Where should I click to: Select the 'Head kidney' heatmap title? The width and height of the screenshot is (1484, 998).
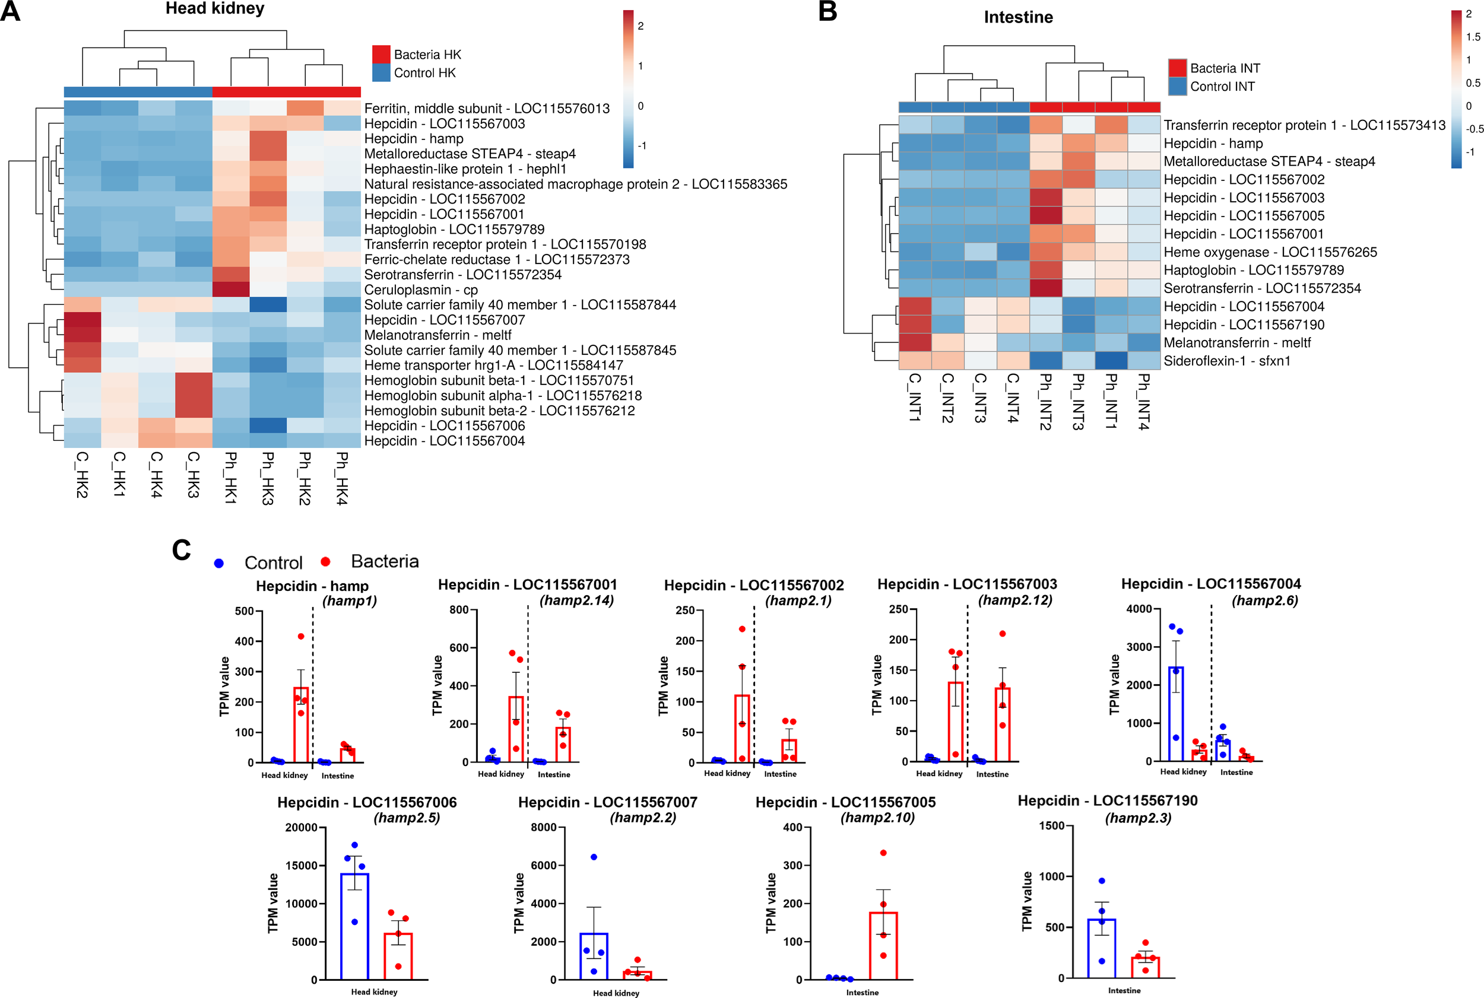point(214,9)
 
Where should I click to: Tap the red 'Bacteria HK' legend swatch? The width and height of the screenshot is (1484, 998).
point(380,54)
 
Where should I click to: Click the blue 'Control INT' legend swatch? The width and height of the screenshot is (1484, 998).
point(1177,86)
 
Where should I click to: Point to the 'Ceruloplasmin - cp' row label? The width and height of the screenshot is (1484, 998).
point(421,290)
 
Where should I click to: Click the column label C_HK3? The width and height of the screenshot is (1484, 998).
point(193,474)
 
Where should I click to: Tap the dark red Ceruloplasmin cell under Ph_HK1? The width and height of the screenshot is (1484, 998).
point(230,290)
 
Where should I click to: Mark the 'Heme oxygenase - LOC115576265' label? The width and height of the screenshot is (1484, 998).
point(1270,252)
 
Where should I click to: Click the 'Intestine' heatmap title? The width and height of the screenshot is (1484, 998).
point(1017,17)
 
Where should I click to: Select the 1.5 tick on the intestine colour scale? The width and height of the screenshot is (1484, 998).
point(1473,37)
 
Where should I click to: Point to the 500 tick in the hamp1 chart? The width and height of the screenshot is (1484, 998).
point(245,611)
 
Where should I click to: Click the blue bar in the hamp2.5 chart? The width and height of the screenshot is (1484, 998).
point(354,926)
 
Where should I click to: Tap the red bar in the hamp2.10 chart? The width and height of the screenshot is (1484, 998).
point(883,945)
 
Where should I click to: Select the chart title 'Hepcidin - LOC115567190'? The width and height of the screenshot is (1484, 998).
point(1107,800)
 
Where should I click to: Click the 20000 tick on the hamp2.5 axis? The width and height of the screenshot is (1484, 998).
point(301,828)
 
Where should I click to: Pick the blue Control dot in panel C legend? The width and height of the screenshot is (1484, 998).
point(219,563)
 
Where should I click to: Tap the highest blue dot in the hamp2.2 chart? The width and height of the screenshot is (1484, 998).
point(594,857)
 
